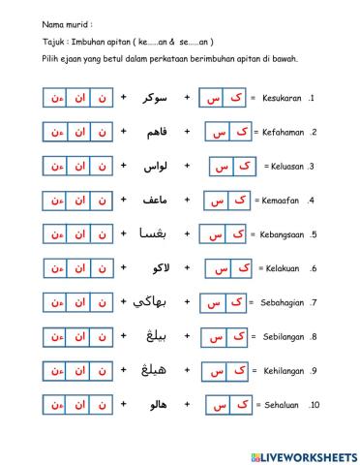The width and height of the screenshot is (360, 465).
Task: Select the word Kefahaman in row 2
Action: (x=283, y=132)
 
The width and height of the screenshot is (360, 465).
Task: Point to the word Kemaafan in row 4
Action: (x=283, y=201)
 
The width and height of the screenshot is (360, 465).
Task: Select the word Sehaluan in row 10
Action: (x=284, y=405)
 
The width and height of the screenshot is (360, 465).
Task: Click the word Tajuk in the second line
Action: (x=28, y=42)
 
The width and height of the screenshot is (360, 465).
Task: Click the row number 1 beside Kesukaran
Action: (x=312, y=98)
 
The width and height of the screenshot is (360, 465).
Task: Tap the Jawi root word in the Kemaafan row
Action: (x=155, y=201)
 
